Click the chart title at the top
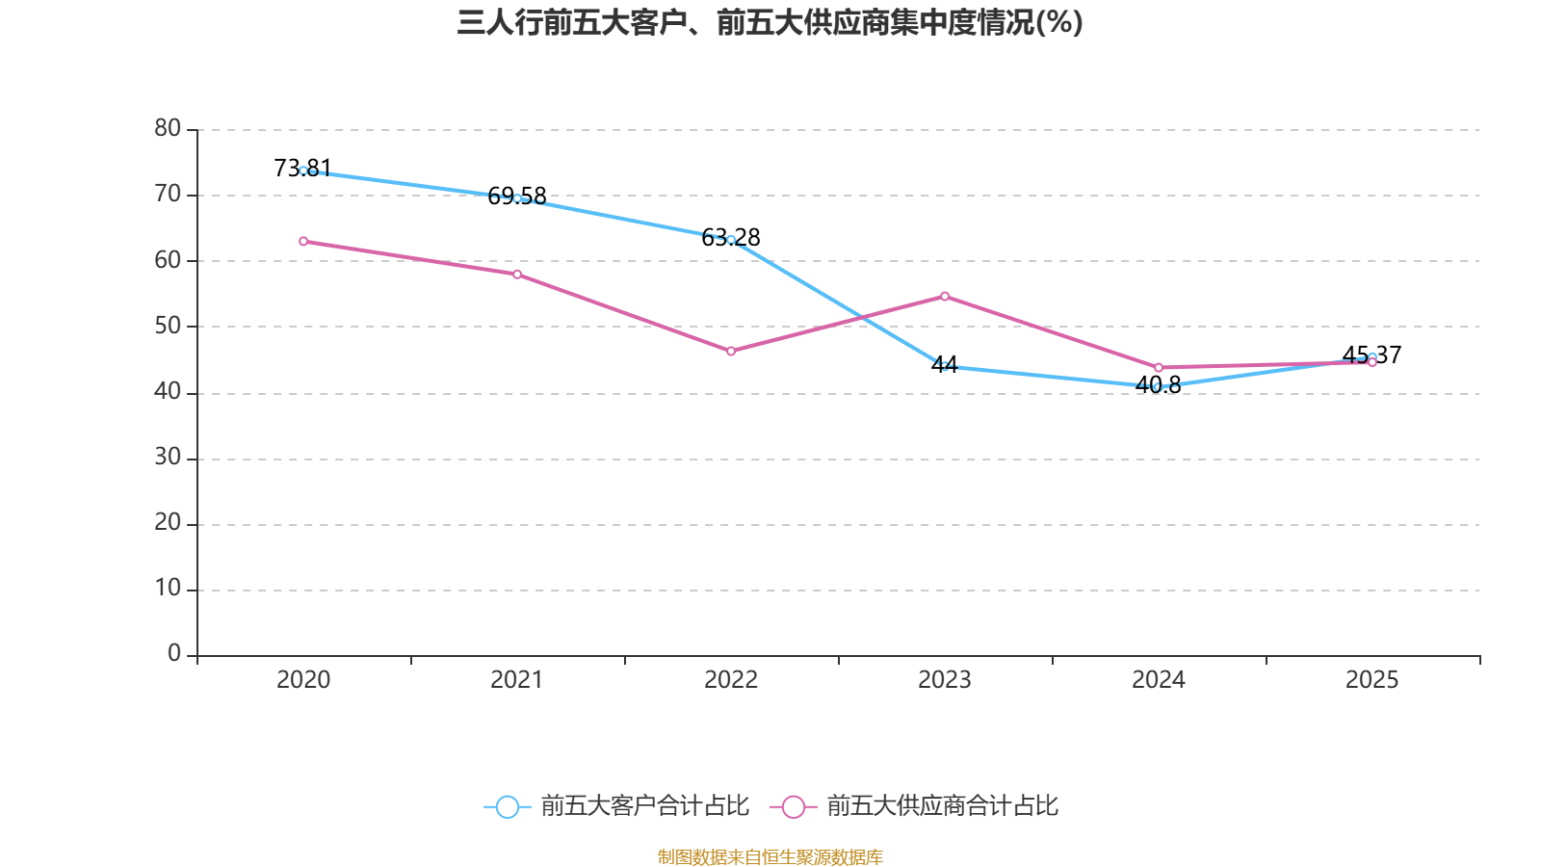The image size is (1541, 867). point(770,22)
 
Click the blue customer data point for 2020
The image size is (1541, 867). point(303,171)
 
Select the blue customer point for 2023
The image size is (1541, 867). point(945,366)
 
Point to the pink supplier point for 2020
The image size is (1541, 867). point(303,241)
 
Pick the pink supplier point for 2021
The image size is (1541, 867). point(517,275)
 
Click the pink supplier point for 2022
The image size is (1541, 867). point(731,352)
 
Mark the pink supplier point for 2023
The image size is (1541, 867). point(945,296)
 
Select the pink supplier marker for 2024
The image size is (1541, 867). point(1159,368)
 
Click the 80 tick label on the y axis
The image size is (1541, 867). point(168,128)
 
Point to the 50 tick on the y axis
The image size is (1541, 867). point(168,326)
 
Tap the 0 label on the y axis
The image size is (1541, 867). point(174,654)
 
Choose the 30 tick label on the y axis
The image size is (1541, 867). point(168,458)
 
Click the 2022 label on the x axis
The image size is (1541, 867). point(731,680)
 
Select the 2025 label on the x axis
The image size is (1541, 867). point(1371,680)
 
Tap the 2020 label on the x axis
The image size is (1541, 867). point(303,680)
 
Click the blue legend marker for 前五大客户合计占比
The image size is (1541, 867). point(507,806)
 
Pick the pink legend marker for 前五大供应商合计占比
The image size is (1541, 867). point(794,806)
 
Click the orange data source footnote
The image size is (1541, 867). point(770,856)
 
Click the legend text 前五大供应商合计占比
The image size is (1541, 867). point(942,806)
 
